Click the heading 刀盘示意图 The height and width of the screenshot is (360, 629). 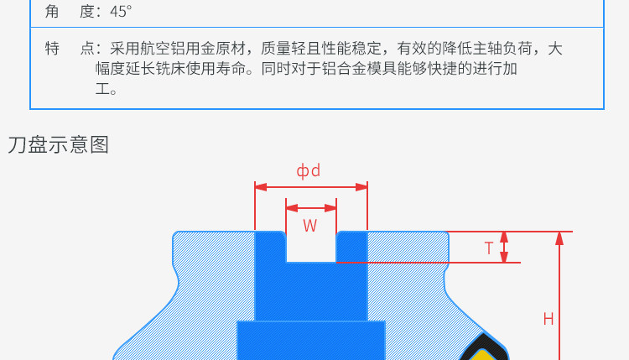(x=58, y=144)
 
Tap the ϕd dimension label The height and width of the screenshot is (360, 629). (x=309, y=171)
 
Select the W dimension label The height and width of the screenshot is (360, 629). (x=310, y=225)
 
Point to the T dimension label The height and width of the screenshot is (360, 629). (x=489, y=248)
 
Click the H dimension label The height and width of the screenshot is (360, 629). (x=548, y=319)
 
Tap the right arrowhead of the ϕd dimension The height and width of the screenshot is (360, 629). (x=362, y=186)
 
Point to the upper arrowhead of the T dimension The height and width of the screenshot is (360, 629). (x=504, y=237)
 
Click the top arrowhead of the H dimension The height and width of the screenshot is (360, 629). (x=559, y=237)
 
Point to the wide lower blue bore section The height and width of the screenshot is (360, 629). (x=311, y=340)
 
